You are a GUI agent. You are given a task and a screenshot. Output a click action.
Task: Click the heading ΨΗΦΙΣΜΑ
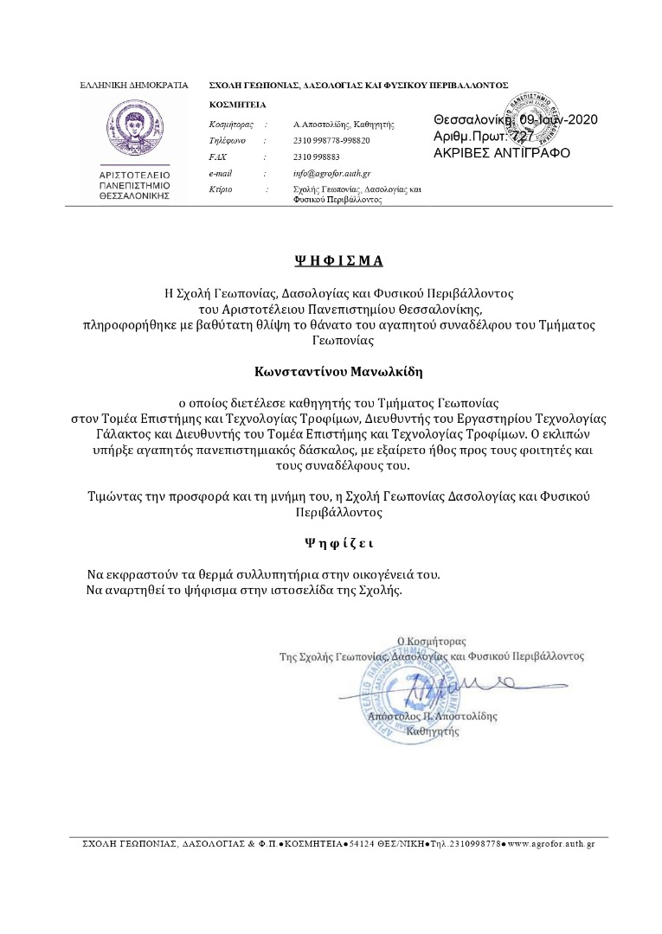[x=337, y=259]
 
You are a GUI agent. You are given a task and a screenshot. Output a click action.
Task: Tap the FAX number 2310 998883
[x=317, y=157]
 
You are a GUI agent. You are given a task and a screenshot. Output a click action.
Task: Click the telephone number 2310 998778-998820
[x=331, y=140]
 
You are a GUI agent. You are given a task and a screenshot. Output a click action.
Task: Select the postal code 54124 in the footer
[x=360, y=843]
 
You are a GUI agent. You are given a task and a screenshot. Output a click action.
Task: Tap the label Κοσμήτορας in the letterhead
[x=231, y=125]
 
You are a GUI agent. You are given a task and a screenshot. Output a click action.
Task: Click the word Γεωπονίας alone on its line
[x=337, y=341]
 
